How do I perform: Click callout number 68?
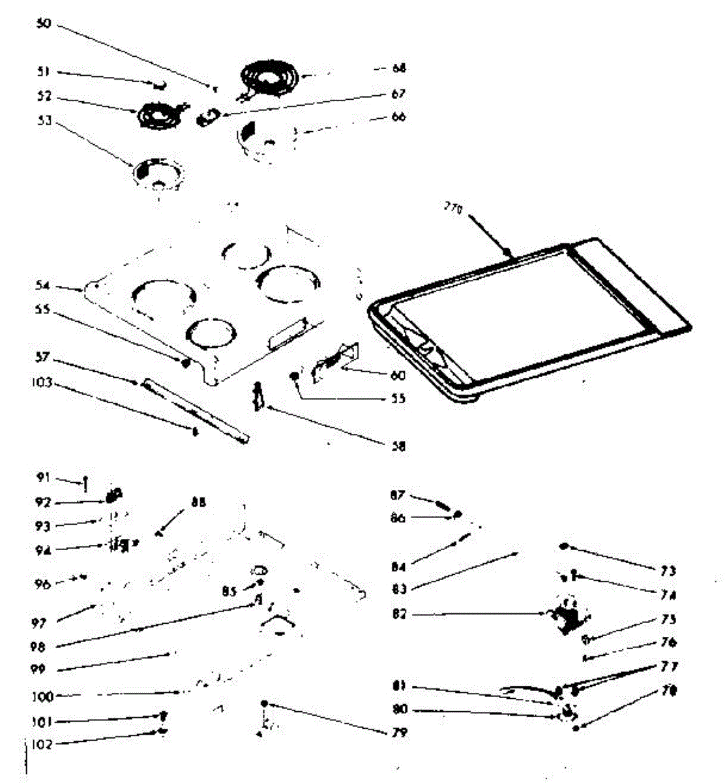[399, 68]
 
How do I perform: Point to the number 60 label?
[398, 375]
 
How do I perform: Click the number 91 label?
[44, 478]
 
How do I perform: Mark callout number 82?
[399, 614]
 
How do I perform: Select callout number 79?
[400, 733]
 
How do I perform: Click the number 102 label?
[43, 744]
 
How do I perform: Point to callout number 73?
[667, 571]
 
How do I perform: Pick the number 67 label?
[399, 93]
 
